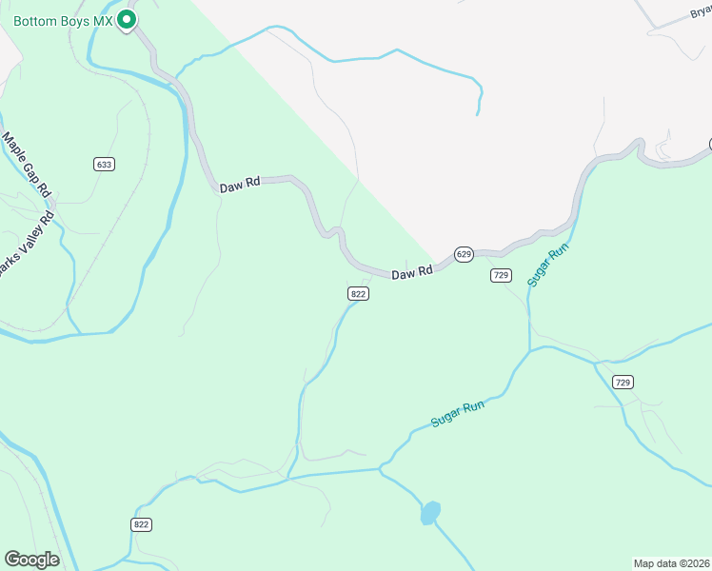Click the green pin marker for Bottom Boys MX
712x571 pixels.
126,19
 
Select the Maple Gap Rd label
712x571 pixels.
26,164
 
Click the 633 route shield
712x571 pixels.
104,164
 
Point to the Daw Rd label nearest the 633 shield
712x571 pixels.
240,187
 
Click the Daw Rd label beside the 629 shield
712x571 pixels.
412,272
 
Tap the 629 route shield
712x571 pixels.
464,254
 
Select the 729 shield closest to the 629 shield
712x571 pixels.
502,275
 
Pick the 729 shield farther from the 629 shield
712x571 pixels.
623,382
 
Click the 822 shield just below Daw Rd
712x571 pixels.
358,294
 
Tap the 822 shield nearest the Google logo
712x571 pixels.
142,524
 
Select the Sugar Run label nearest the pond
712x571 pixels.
458,412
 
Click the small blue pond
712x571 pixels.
430,512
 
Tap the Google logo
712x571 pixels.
31,560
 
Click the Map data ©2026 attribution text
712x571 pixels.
672,563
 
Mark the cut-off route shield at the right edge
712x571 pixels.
709,145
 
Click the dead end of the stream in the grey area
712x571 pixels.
477,115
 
